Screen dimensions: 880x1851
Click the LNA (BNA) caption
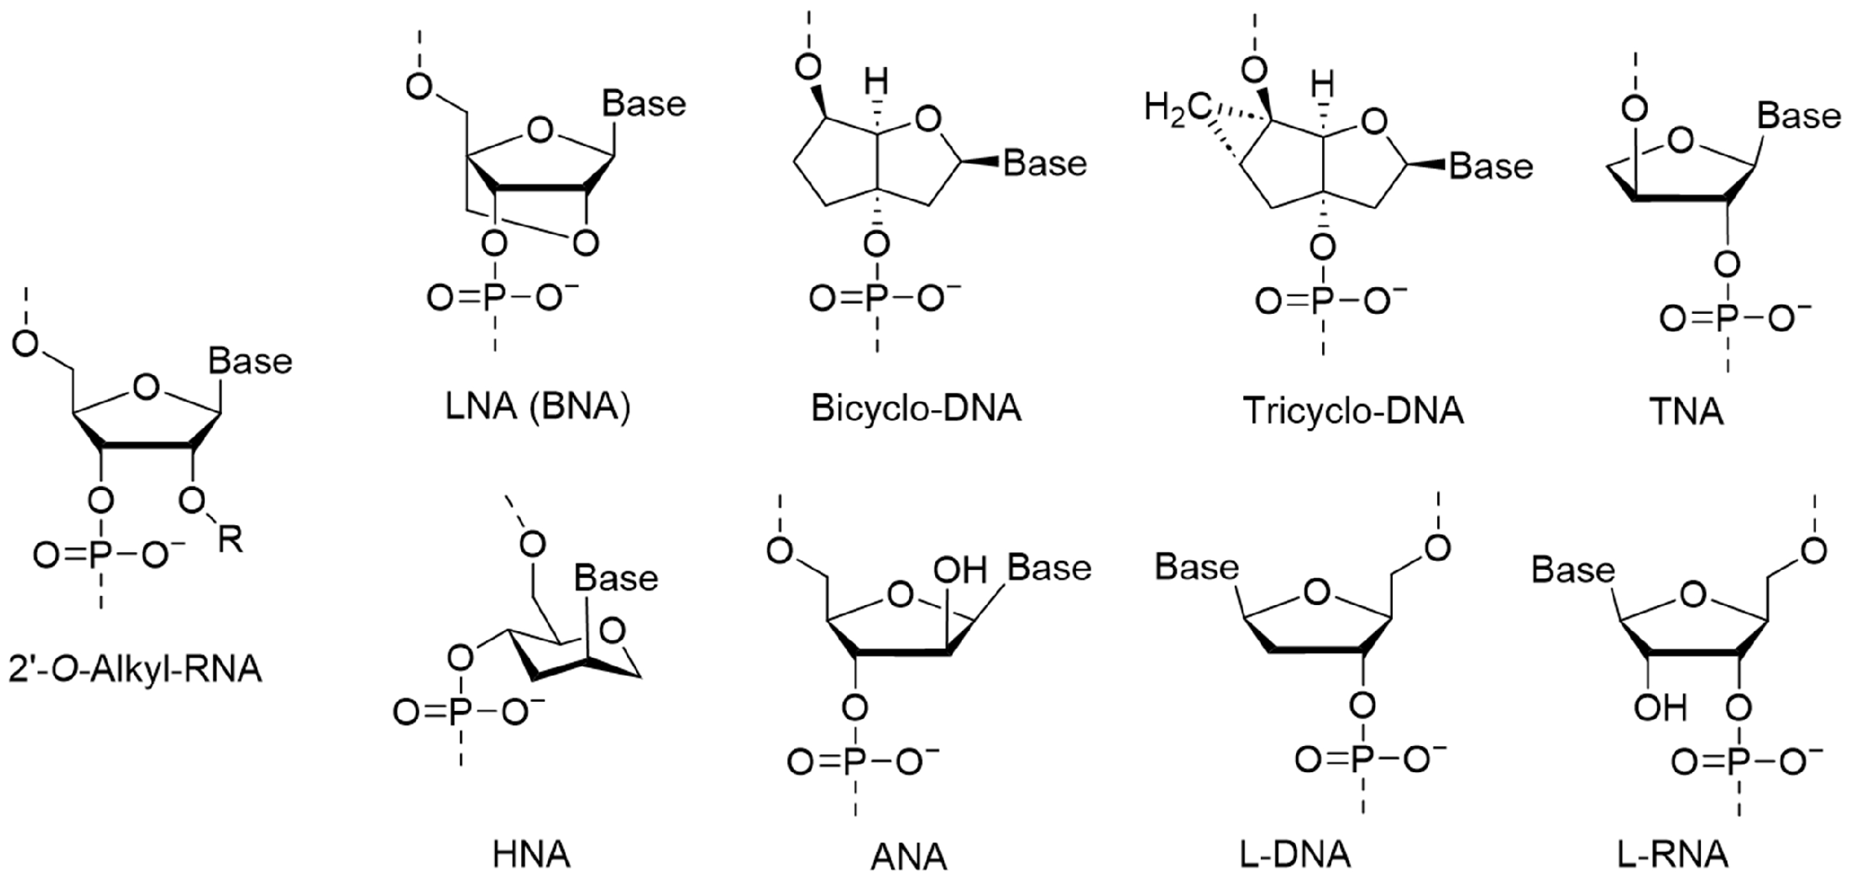click(537, 408)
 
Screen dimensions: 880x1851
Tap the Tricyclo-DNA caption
click(1353, 411)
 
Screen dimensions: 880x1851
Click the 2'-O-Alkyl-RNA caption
click(135, 669)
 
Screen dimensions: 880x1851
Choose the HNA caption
click(532, 855)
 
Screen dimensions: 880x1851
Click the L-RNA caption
click(1671, 855)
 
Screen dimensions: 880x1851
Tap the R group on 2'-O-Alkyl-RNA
click(230, 540)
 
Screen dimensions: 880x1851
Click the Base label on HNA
click(616, 578)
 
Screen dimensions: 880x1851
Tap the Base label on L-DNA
click(1197, 568)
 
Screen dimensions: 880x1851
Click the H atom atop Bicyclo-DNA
click(875, 83)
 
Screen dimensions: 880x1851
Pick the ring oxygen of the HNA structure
click(611, 632)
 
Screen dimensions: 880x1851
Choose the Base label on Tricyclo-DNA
click(1491, 166)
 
